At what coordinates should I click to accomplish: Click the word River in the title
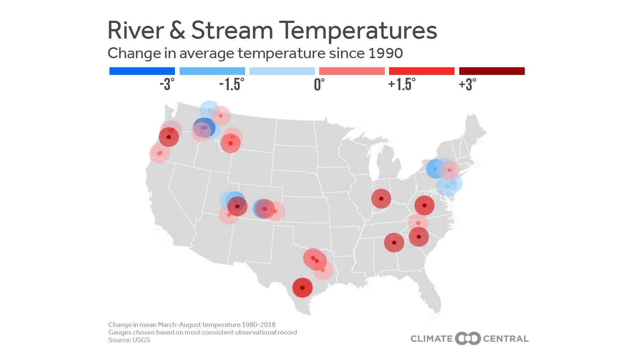(136, 30)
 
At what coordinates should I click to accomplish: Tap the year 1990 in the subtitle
(385, 53)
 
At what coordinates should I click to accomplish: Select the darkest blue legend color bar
(142, 71)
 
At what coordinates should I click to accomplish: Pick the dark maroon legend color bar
(492, 71)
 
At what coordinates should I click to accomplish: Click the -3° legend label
(167, 84)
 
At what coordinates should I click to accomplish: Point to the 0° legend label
(319, 84)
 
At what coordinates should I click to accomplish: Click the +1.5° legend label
(401, 84)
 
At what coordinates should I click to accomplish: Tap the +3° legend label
(467, 84)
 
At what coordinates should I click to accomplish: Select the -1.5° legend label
(232, 84)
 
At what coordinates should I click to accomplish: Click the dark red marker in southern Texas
(302, 288)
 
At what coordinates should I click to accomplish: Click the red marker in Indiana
(381, 199)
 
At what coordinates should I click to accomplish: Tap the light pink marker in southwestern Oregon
(159, 153)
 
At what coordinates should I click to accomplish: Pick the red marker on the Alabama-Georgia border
(394, 243)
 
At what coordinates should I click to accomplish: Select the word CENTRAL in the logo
(505, 339)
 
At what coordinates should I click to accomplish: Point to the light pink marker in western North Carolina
(418, 223)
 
